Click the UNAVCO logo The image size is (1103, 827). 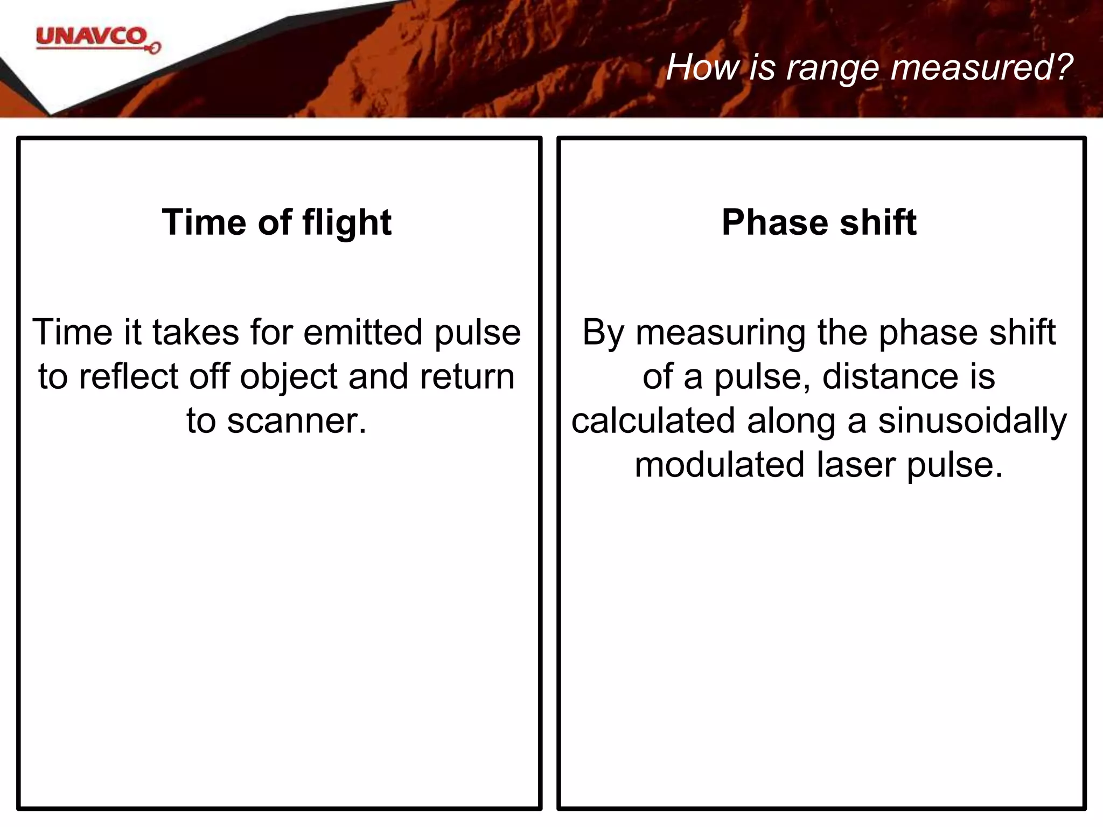97,39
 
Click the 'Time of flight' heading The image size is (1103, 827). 276,222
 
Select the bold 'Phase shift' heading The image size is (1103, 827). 819,222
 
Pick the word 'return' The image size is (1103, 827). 467,376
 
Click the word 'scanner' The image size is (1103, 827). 294,421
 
